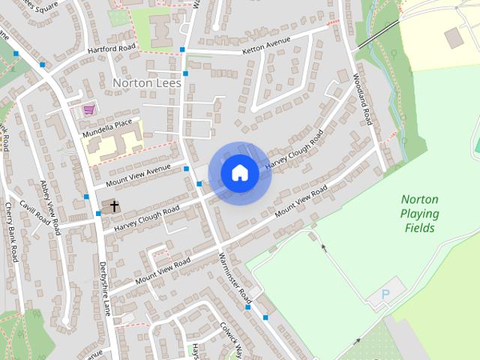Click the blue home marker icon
pos(240,173)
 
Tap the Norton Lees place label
pos(146,82)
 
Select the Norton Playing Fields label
pos(420,213)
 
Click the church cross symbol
pos(115,205)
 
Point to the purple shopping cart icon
pos(89,109)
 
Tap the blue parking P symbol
pos(386,294)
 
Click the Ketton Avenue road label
pos(265,50)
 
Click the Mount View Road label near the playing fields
pos(302,202)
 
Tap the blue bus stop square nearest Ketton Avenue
pos(183,50)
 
